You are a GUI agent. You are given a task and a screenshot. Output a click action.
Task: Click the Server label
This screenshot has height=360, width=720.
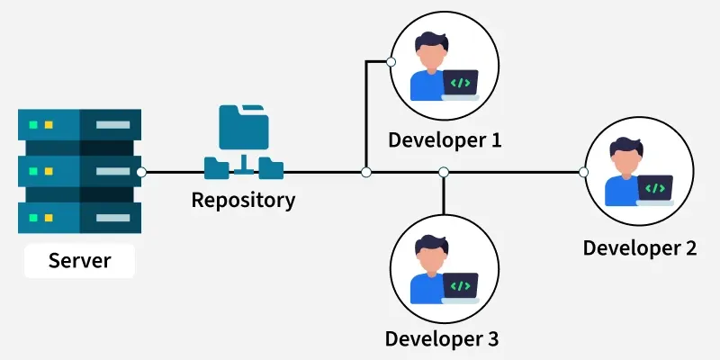pyautogui.click(x=79, y=261)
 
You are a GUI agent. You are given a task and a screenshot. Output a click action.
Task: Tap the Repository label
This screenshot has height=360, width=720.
pyautogui.click(x=243, y=200)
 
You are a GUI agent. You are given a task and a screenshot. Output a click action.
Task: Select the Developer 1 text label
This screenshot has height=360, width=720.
pyautogui.click(x=444, y=139)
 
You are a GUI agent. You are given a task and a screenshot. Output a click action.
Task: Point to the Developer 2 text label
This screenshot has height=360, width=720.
pyautogui.click(x=640, y=247)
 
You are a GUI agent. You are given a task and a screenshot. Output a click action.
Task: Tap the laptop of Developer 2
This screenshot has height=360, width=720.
pyautogui.click(x=655, y=189)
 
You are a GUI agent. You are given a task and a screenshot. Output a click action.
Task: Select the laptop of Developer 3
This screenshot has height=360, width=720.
pyautogui.click(x=460, y=287)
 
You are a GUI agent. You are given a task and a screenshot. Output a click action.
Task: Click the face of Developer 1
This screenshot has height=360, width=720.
pyautogui.click(x=431, y=58)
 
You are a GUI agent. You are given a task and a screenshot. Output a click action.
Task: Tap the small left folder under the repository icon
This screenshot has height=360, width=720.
pyautogui.click(x=217, y=166)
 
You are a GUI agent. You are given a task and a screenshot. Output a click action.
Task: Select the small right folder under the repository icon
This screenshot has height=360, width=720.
pyautogui.click(x=271, y=166)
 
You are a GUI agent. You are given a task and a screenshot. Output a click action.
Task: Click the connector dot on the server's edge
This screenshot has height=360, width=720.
pyautogui.click(x=141, y=171)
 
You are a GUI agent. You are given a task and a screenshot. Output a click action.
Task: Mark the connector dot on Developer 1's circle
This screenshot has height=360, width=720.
pyautogui.click(x=391, y=62)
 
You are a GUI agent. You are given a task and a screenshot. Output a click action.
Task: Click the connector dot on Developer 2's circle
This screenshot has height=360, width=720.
pyautogui.click(x=584, y=171)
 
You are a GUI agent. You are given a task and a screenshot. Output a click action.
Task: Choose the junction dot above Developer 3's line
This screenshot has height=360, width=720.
pyautogui.click(x=443, y=171)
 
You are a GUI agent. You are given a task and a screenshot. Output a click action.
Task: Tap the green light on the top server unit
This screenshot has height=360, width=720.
pyautogui.click(x=33, y=124)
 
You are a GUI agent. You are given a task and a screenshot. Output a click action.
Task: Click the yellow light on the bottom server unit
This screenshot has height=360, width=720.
pyautogui.click(x=49, y=217)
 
